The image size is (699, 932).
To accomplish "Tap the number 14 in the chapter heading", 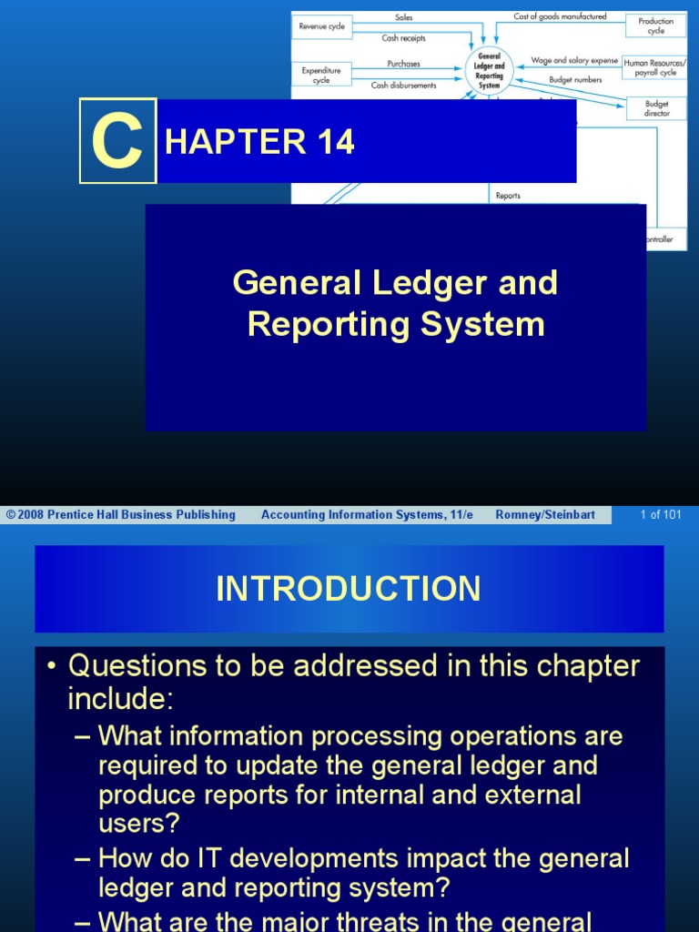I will click(x=335, y=142).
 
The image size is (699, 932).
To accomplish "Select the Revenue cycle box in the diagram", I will click(x=322, y=26).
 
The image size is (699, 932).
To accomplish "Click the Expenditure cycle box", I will click(x=322, y=74).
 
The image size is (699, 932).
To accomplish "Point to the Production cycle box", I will click(x=655, y=25).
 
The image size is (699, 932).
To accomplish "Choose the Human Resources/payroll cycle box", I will click(x=654, y=67).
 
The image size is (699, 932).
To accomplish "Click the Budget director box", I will click(x=656, y=108).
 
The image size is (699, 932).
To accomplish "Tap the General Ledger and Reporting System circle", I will click(x=489, y=69).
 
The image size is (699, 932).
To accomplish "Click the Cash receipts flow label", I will click(x=403, y=38).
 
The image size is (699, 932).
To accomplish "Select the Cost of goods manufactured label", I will click(x=560, y=16).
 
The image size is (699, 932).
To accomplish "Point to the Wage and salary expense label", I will click(x=574, y=60).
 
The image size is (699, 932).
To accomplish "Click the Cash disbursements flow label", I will click(x=403, y=85).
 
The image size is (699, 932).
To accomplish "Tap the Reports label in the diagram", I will click(x=508, y=196).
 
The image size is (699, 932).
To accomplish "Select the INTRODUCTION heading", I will click(x=349, y=589).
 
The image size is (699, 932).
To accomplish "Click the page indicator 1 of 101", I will click(x=660, y=515).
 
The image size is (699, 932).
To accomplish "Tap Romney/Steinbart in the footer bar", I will click(x=545, y=515).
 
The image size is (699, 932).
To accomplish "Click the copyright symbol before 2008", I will click(x=11, y=515).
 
